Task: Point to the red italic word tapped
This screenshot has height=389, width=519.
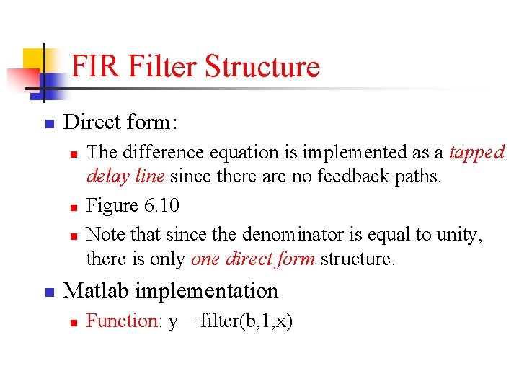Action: coord(476,153)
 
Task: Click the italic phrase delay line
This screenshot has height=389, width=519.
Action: coord(126,176)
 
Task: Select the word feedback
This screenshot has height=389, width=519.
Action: coord(348,176)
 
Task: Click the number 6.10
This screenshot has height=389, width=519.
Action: coord(158,206)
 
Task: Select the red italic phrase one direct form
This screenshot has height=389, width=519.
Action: coord(253,259)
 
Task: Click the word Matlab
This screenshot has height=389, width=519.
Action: coord(96,291)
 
